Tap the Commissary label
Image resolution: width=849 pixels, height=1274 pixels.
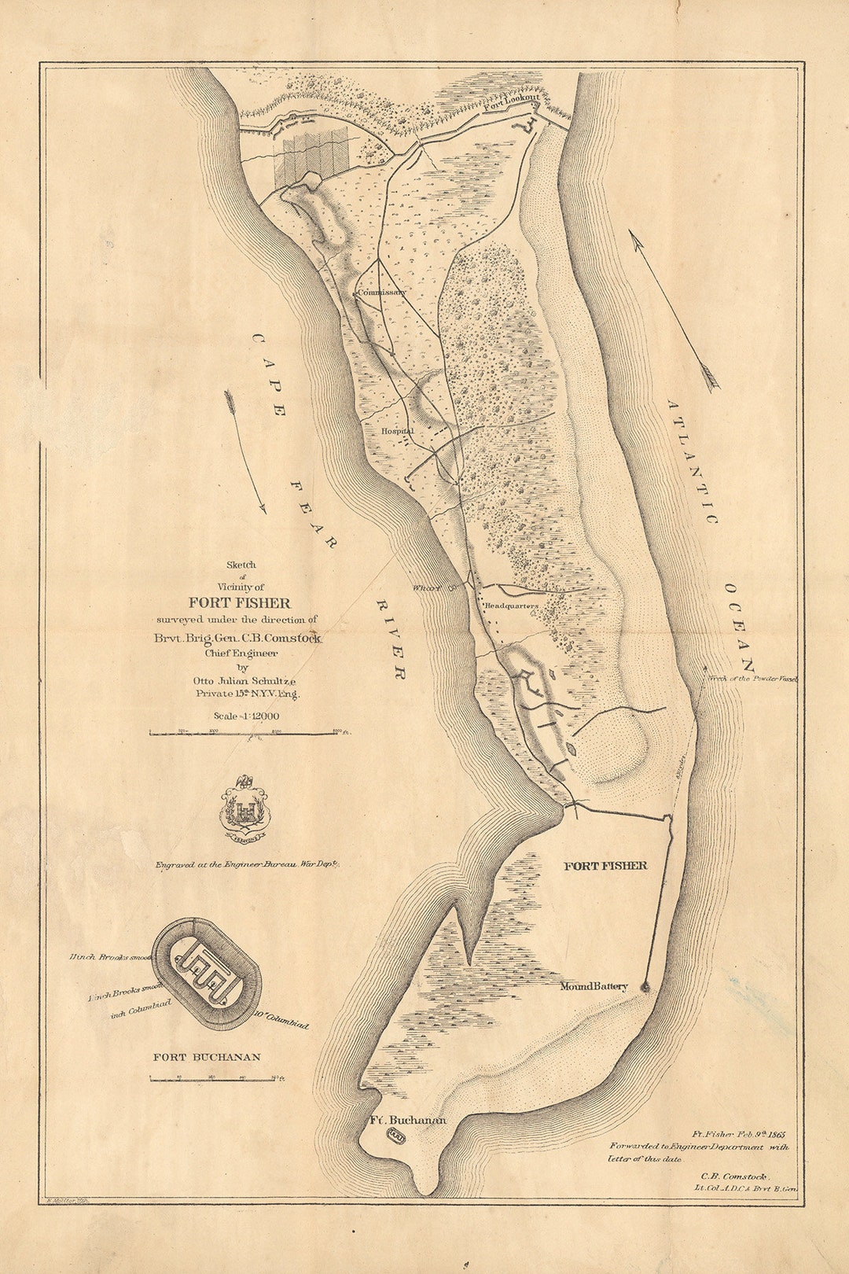click(x=381, y=292)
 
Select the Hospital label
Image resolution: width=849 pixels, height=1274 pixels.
click(x=397, y=432)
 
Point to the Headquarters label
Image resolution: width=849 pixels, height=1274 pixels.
click(x=510, y=606)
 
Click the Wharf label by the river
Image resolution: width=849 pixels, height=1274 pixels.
click(x=425, y=587)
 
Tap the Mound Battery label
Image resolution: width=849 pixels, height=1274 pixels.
click(x=594, y=986)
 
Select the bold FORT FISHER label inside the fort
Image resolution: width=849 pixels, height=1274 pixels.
click(x=605, y=866)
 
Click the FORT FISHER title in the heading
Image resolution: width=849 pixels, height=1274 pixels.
click(x=239, y=603)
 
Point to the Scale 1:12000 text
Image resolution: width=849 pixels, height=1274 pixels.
click(x=246, y=716)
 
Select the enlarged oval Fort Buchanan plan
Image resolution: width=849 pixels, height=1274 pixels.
click(x=207, y=975)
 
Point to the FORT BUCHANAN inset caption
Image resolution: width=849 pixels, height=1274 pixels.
click(x=206, y=1057)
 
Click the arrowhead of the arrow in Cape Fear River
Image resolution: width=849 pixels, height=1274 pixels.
click(x=263, y=510)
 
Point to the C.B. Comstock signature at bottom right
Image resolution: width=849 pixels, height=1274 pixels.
click(x=733, y=1176)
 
